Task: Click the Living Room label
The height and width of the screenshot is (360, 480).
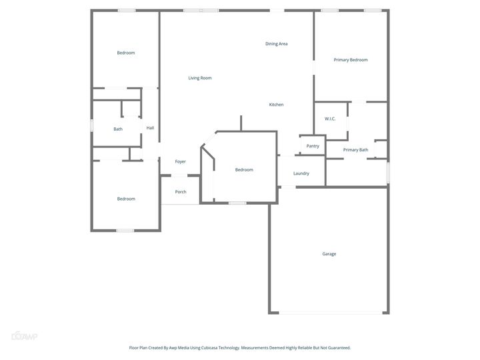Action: [x=199, y=78]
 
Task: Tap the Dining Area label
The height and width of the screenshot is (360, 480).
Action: [x=276, y=44]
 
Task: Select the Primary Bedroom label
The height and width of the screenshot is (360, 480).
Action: [x=351, y=60]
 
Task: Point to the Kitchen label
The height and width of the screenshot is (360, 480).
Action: [x=276, y=105]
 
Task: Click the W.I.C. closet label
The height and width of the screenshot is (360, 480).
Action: [x=330, y=119]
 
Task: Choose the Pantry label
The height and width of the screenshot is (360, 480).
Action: [x=313, y=146]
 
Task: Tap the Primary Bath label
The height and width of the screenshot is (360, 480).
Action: [x=355, y=150]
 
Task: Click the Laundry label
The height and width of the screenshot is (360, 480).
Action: [x=301, y=173]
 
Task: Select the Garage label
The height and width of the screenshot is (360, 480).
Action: [x=329, y=254]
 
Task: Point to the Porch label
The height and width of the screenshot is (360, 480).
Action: [x=181, y=192]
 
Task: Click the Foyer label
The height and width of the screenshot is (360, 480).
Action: [x=180, y=161]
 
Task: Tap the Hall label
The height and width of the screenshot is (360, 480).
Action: [x=150, y=128]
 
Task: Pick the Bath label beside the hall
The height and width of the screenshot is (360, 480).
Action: [x=118, y=129]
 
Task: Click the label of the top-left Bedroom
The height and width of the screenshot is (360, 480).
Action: [x=126, y=53]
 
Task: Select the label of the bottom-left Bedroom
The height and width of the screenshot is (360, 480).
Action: [x=126, y=199]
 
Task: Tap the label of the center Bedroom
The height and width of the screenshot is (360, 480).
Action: [x=244, y=170]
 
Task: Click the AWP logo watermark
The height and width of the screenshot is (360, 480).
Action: [x=25, y=336]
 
